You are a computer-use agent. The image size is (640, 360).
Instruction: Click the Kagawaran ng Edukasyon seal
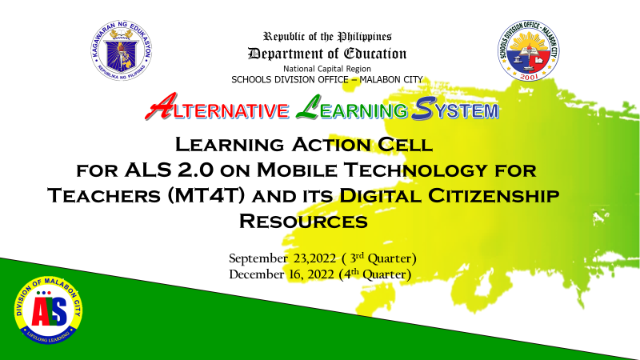(x=122, y=50)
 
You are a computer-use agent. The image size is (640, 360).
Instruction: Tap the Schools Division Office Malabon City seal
(x=528, y=50)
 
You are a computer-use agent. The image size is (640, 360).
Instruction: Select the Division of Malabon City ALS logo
(x=48, y=310)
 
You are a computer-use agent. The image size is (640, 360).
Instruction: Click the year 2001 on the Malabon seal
(x=528, y=75)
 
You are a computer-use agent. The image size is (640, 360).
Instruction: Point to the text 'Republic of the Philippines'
(x=327, y=37)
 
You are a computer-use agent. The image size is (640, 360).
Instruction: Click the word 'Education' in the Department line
(x=374, y=54)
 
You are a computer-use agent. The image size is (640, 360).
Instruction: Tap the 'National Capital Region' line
(x=327, y=69)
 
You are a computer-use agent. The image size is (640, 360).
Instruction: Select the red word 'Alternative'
(x=217, y=107)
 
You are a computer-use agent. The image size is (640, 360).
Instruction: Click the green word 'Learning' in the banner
(x=351, y=108)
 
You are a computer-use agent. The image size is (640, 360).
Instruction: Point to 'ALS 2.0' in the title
(x=169, y=170)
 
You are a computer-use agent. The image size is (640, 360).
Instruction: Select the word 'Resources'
(x=303, y=222)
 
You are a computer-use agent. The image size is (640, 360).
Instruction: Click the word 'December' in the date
(x=257, y=274)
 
